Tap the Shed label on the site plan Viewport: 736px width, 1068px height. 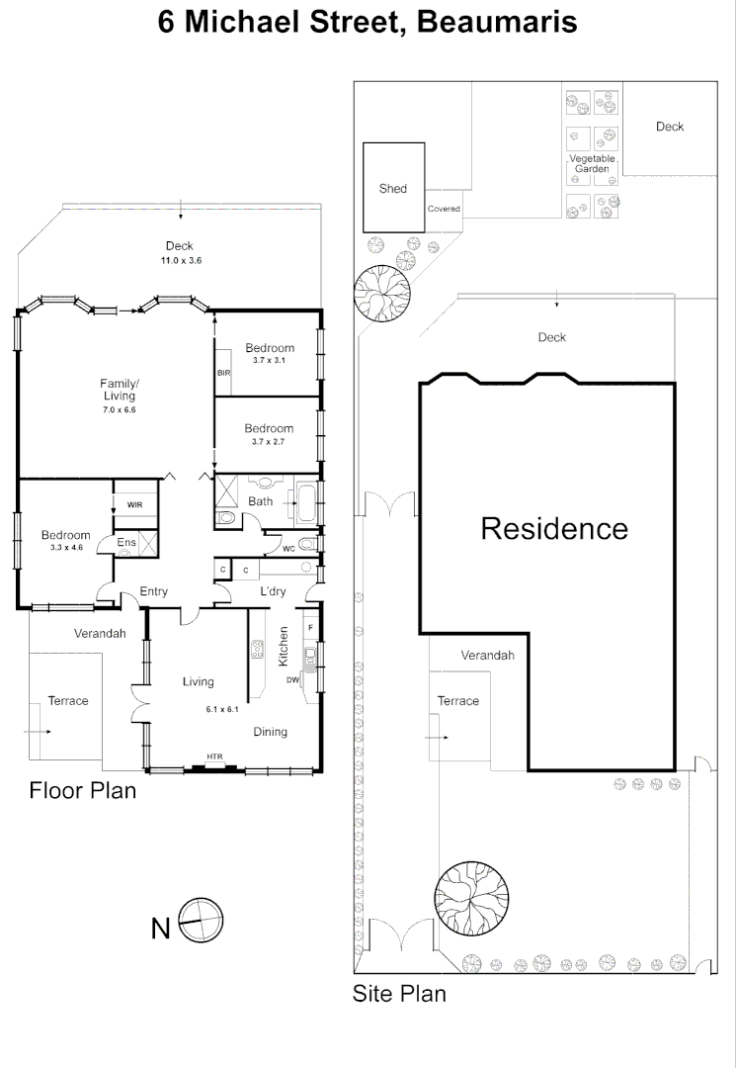[393, 189]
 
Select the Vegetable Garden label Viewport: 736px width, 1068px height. [592, 163]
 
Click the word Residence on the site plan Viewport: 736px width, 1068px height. [554, 528]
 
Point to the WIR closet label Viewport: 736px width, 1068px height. [134, 504]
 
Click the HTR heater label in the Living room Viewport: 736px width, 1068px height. [214, 756]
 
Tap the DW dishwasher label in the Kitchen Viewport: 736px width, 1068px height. [292, 679]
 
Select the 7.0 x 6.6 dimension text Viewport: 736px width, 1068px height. [119, 410]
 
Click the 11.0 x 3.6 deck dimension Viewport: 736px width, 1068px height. [181, 260]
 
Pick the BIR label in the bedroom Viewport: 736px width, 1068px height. [224, 373]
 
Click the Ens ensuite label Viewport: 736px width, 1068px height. [126, 542]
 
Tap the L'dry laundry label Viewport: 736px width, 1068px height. [274, 591]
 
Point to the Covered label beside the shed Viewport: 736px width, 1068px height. [444, 209]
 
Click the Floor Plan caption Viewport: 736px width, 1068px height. [82, 790]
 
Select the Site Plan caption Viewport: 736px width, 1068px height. [399, 993]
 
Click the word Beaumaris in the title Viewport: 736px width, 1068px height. [497, 22]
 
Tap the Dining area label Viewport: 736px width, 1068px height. [270, 732]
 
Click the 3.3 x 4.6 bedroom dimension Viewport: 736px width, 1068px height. [66, 547]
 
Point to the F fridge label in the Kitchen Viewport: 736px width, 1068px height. [311, 627]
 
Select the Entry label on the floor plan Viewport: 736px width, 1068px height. [154, 591]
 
